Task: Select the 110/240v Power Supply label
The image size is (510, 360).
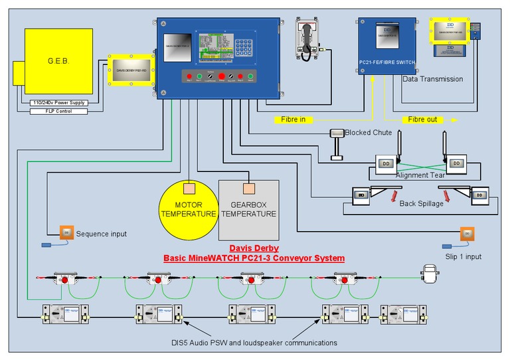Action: pos(59,103)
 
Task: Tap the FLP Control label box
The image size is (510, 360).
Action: pos(59,111)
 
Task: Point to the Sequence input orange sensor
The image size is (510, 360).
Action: pos(67,232)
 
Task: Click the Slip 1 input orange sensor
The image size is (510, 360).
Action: pos(467,234)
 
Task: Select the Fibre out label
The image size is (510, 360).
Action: pos(424,120)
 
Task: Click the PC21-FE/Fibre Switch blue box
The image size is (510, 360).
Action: pos(387,45)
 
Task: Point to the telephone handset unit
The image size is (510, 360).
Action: pos(307,39)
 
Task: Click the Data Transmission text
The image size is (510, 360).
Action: pos(432,79)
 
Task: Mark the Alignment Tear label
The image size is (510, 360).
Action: pos(421,175)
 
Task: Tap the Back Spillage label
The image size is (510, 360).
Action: pos(421,203)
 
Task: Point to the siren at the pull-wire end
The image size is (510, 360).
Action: pos(429,274)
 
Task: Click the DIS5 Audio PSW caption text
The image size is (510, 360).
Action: pos(253,343)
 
